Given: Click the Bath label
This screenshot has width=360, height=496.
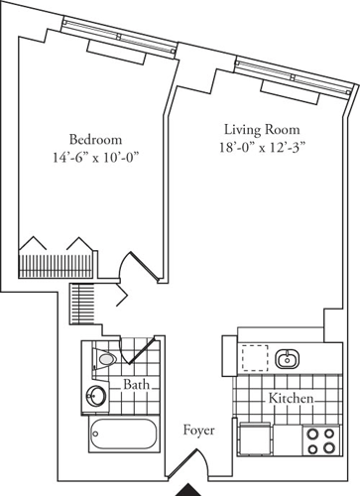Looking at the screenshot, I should coord(136,383).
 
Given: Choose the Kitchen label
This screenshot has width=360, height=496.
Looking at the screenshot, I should coord(292,398).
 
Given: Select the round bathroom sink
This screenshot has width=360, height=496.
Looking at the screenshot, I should coord(97,396).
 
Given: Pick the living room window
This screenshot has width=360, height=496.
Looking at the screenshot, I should coord(294,78).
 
